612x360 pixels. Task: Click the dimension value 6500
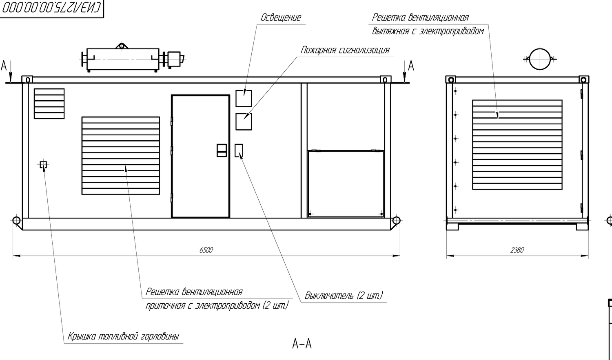(206, 250)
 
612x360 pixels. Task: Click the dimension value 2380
(517, 250)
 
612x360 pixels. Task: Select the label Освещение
(281, 18)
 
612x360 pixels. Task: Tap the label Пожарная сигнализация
(345, 50)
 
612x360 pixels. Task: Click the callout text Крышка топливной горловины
(123, 337)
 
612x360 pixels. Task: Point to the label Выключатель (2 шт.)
(344, 296)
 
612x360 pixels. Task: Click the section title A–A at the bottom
(302, 344)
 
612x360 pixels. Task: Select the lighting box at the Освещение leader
(244, 98)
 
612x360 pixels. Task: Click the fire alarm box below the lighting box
(244, 121)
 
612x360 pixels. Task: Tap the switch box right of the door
(239, 150)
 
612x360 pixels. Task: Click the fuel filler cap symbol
(43, 165)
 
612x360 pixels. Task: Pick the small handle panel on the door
(222, 150)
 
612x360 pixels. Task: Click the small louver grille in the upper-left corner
(49, 104)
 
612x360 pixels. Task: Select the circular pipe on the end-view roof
(540, 60)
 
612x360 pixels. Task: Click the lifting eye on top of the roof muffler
(121, 46)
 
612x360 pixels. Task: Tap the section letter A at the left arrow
(4, 65)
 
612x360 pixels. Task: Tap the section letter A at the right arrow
(411, 65)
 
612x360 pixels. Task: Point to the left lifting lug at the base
(16, 221)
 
